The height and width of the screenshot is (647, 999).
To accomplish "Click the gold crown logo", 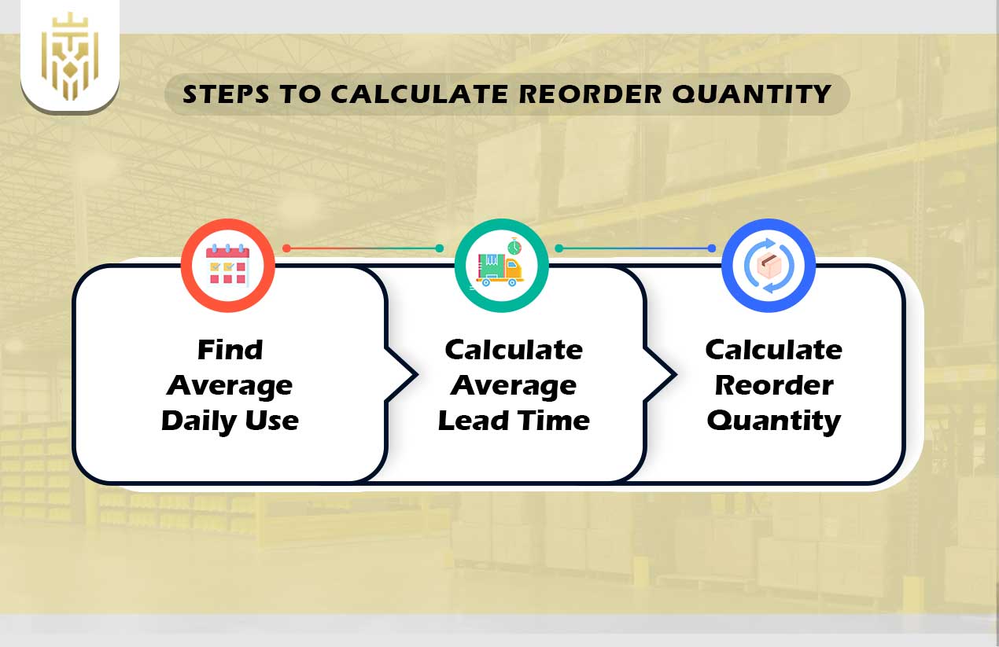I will coord(70,57).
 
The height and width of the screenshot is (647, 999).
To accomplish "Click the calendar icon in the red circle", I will coord(227,265).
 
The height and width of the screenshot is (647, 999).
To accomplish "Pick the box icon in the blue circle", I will coord(768,266).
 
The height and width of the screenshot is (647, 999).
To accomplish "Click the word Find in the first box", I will coord(230,350).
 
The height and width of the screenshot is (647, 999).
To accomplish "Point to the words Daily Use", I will coord(230,421).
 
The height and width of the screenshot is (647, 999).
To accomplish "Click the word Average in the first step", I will coord(230,385).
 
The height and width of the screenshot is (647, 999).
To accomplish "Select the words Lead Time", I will coord(514,421).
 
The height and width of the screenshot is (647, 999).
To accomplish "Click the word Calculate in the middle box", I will coord(514,350).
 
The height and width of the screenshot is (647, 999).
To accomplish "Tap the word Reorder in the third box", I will coord(773,385).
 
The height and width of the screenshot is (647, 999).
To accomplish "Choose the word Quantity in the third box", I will coord(773,421).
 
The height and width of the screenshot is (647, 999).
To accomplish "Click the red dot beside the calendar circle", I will coord(286,248).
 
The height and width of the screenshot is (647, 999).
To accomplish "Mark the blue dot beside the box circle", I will coord(711,248).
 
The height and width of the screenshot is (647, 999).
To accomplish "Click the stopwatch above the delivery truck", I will coord(514,247).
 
